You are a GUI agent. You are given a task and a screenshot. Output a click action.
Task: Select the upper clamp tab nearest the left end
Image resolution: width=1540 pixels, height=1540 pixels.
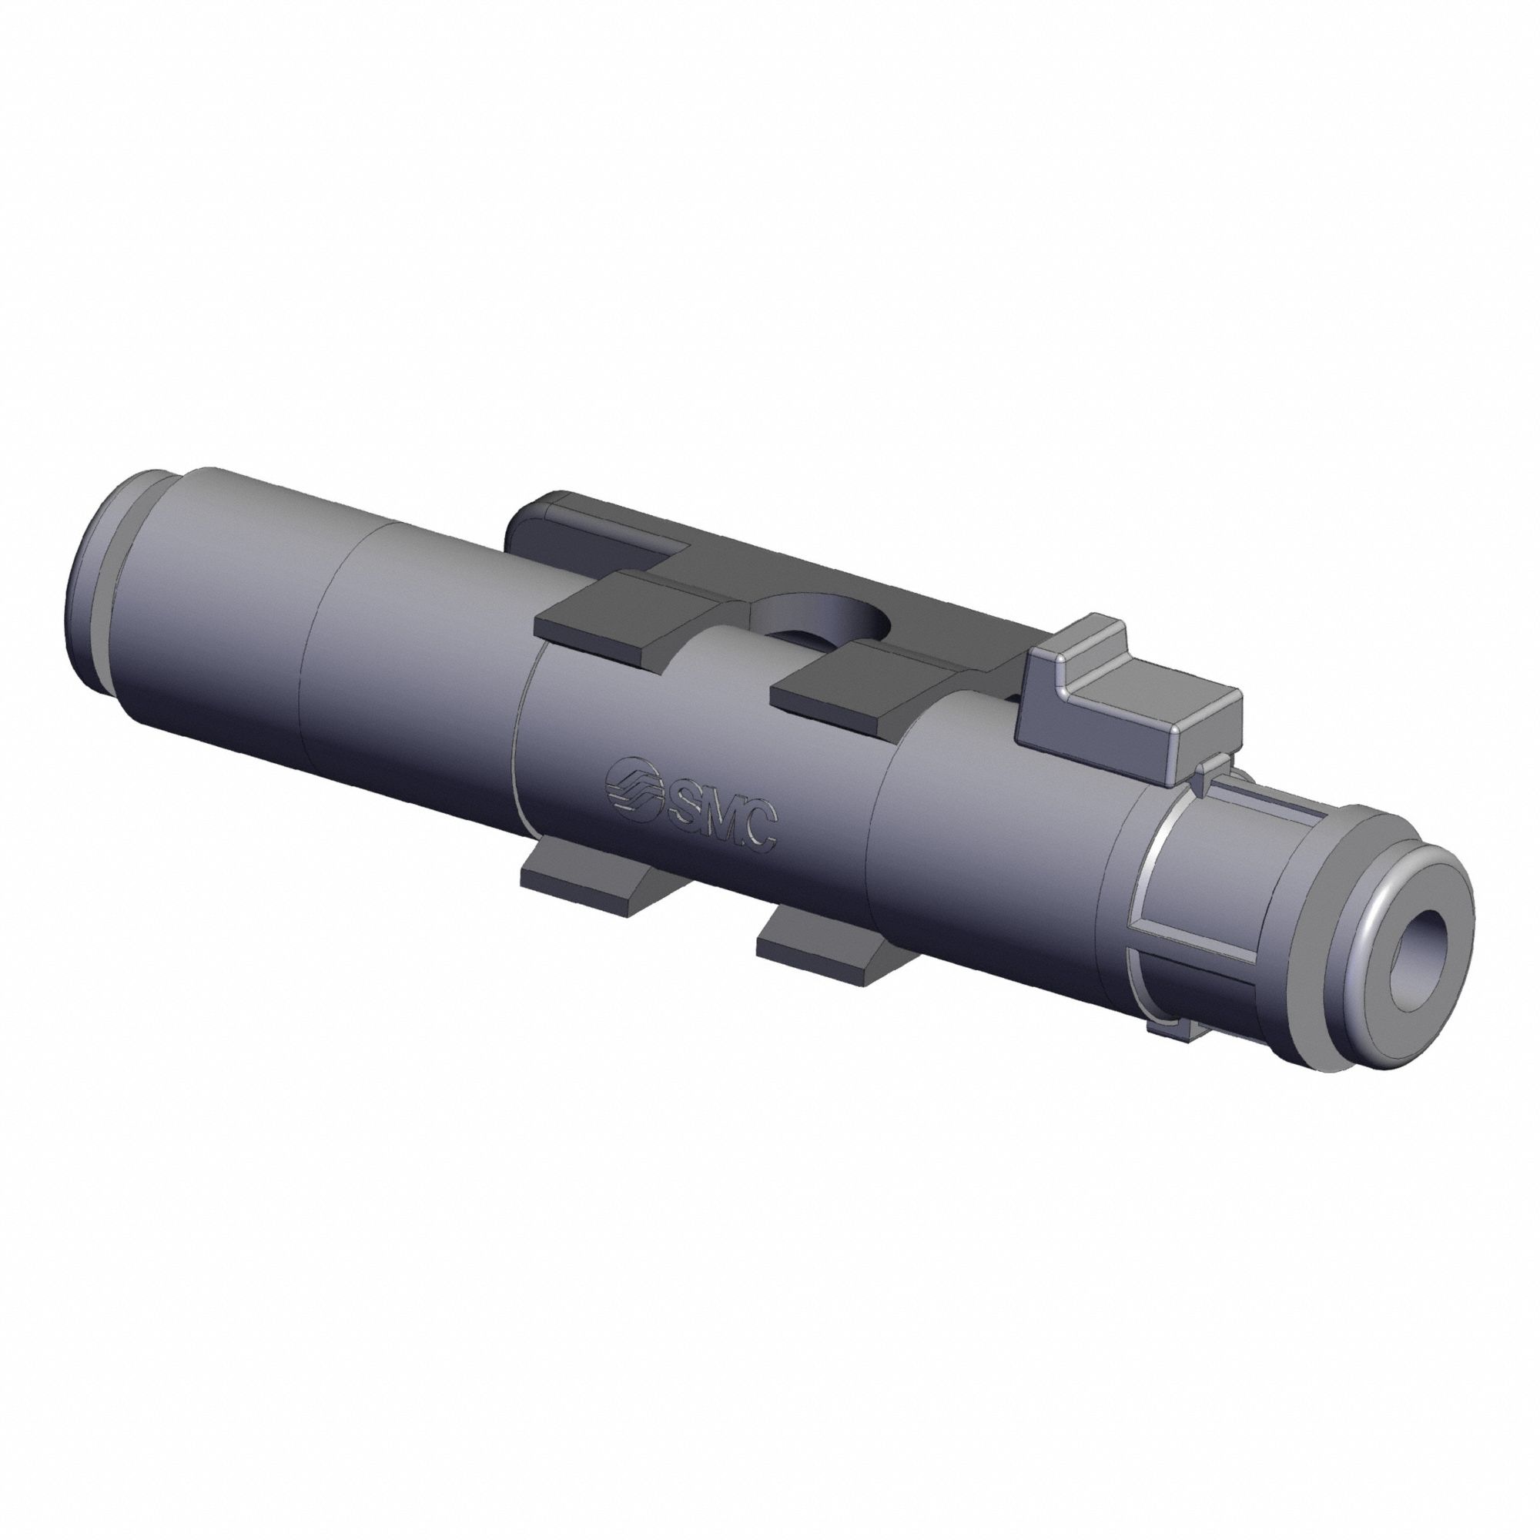[614, 606]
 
